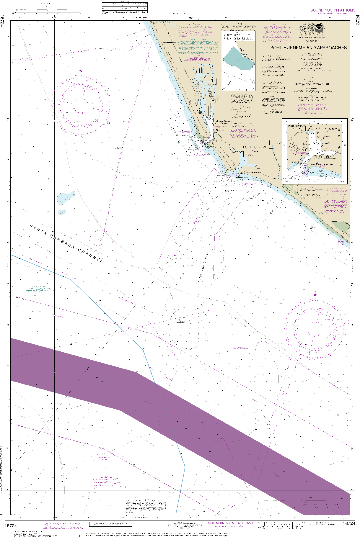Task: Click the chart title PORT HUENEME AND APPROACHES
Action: point(309,48)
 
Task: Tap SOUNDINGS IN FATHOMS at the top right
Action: point(333,10)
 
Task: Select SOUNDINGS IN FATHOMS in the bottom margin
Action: point(230,523)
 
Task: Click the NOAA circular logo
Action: point(319,28)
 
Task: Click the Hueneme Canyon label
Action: point(203,266)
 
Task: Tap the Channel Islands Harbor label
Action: point(224,122)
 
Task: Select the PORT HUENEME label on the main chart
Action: point(255,147)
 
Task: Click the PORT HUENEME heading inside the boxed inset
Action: point(296,126)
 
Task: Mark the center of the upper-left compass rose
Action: point(80,104)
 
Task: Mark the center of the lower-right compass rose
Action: point(315,328)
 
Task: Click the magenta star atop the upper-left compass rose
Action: point(81,71)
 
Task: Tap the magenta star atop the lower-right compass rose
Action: point(315,294)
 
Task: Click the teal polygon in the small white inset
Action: point(238,59)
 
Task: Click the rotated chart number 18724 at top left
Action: point(2,21)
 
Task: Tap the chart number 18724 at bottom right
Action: point(349,523)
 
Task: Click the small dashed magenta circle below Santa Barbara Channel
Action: point(100,241)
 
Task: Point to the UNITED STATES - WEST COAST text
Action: point(312,38)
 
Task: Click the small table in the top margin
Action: point(125,8)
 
